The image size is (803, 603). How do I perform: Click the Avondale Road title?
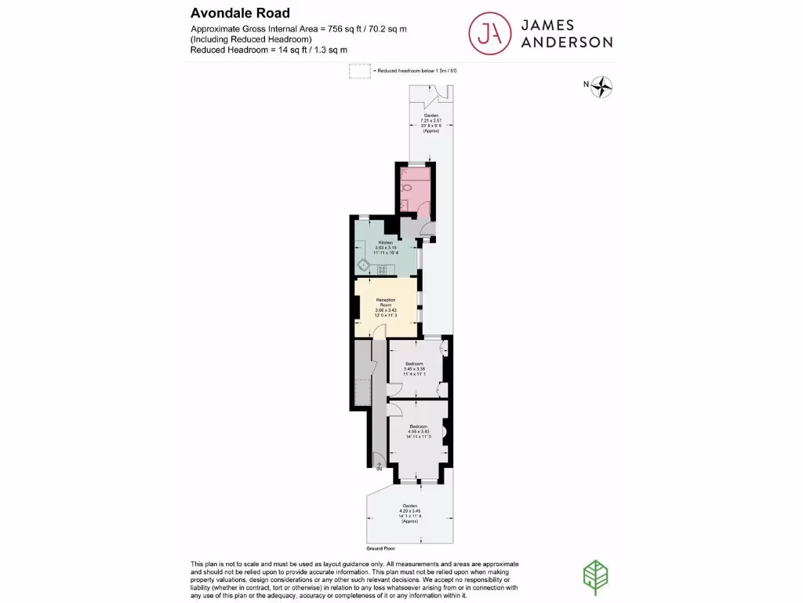[x=240, y=13]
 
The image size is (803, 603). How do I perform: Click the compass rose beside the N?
[x=601, y=86]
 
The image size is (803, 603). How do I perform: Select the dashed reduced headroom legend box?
[x=359, y=71]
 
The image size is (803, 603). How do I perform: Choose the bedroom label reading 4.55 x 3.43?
[x=417, y=431]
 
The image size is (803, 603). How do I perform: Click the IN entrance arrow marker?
[x=379, y=467]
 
